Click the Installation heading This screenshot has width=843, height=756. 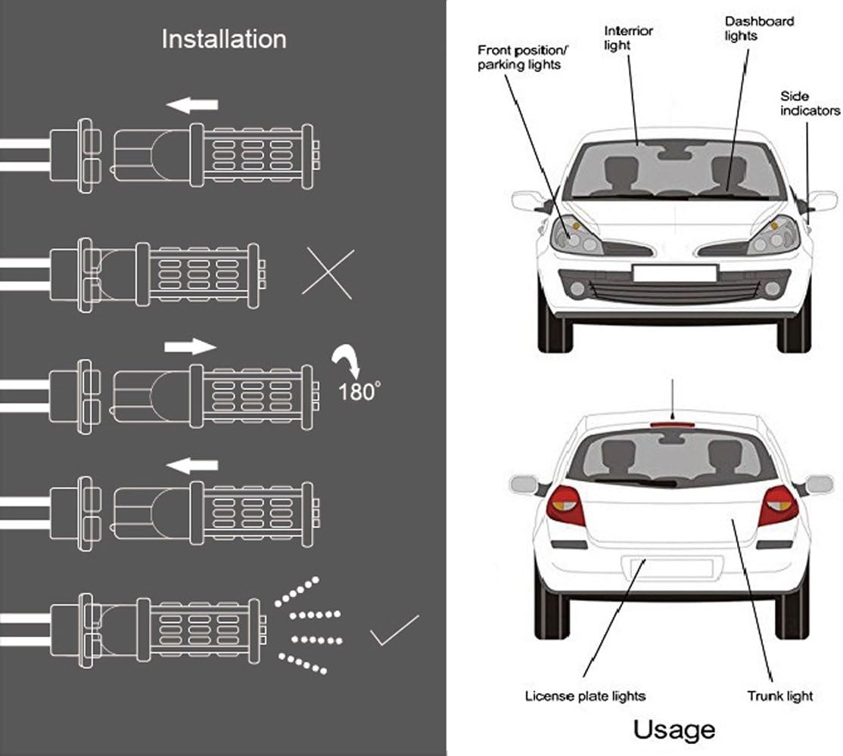pyautogui.click(x=224, y=39)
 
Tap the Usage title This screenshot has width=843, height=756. pyautogui.click(x=673, y=730)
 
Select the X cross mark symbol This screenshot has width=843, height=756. pyautogui.click(x=328, y=272)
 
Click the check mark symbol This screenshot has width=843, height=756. pyautogui.click(x=394, y=631)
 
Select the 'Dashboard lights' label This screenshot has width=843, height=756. pyautogui.click(x=748, y=29)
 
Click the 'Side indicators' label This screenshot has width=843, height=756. pyautogui.click(x=810, y=104)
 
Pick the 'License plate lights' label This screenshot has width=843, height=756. pyautogui.click(x=585, y=696)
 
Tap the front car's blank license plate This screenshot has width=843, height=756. pyautogui.click(x=674, y=273)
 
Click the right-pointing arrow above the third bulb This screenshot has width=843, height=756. pyautogui.click(x=190, y=346)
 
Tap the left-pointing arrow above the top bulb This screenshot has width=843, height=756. pyautogui.click(x=192, y=105)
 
